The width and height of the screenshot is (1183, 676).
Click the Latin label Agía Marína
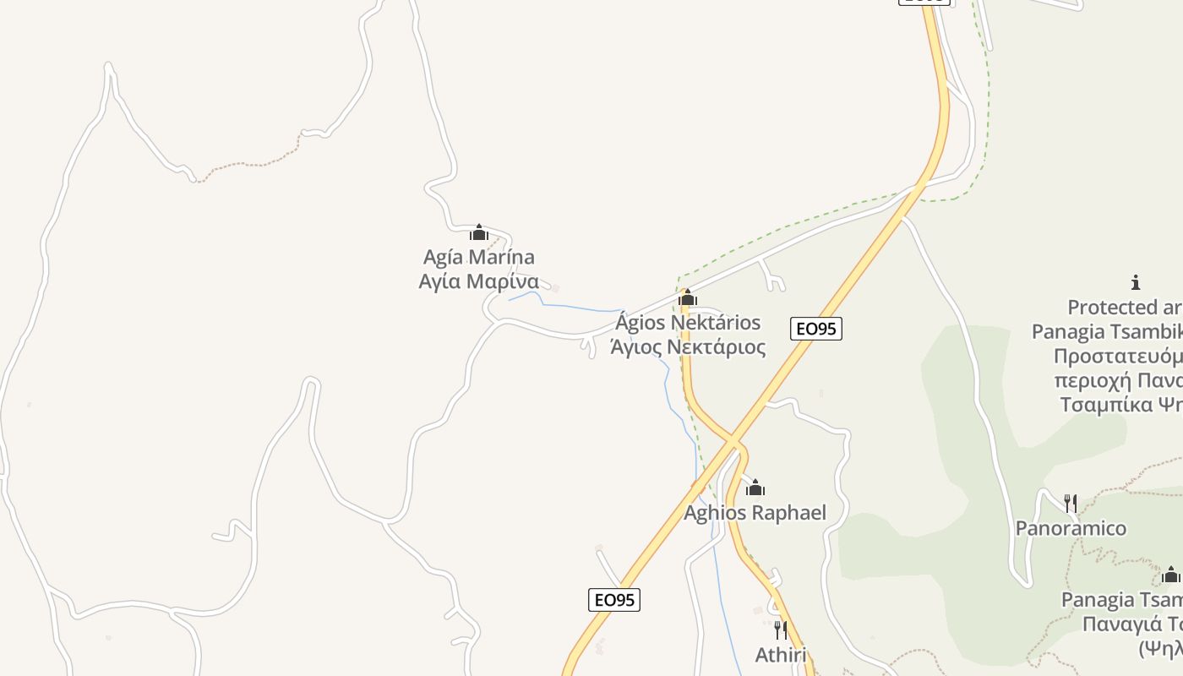click(478, 257)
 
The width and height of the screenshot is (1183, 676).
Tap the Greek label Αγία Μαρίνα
click(478, 281)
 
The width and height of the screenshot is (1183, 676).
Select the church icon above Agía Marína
click(479, 232)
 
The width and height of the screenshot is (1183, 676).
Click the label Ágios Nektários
click(688, 323)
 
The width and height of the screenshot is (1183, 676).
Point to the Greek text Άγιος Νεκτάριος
click(688, 346)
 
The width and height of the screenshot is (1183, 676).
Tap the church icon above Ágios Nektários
click(688, 297)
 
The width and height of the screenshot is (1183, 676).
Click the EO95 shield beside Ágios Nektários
click(816, 329)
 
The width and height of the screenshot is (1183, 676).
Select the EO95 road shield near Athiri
click(614, 600)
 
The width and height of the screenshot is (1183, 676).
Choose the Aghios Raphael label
click(755, 513)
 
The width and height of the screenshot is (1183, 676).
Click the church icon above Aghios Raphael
click(755, 488)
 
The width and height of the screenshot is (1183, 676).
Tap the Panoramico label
click(1071, 528)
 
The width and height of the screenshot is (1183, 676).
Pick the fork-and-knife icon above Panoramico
click(1071, 504)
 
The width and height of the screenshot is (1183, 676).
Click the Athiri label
click(780, 655)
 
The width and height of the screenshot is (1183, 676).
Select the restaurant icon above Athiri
click(780, 630)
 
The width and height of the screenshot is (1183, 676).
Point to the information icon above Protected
click(1136, 282)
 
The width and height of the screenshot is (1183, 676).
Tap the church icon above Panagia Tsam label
click(1170, 575)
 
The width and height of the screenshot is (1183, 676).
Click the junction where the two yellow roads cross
click(733, 442)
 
